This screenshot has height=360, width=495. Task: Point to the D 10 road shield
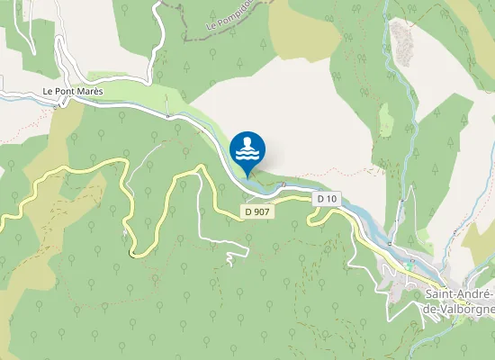[326, 198]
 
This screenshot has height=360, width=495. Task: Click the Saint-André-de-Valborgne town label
[459, 301]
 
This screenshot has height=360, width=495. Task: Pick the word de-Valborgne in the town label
[459, 308]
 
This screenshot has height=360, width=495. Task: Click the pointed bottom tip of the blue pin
[248, 175]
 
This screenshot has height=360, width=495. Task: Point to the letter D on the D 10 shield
[319, 198]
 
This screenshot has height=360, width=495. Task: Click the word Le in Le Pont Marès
[48, 92]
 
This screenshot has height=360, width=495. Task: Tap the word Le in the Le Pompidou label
[211, 25]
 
